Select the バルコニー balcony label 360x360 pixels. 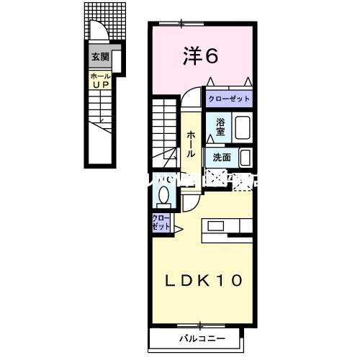tap(202, 337)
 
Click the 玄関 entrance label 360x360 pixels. tap(99, 56)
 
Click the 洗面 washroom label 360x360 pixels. tap(221, 156)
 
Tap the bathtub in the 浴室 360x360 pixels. tap(243, 128)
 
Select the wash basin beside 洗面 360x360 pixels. tap(245, 156)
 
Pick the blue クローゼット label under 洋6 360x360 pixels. tap(229, 99)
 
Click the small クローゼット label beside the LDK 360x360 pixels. tap(161, 222)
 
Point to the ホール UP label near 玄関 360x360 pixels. tap(99, 79)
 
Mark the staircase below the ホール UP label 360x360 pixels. tap(102, 126)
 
